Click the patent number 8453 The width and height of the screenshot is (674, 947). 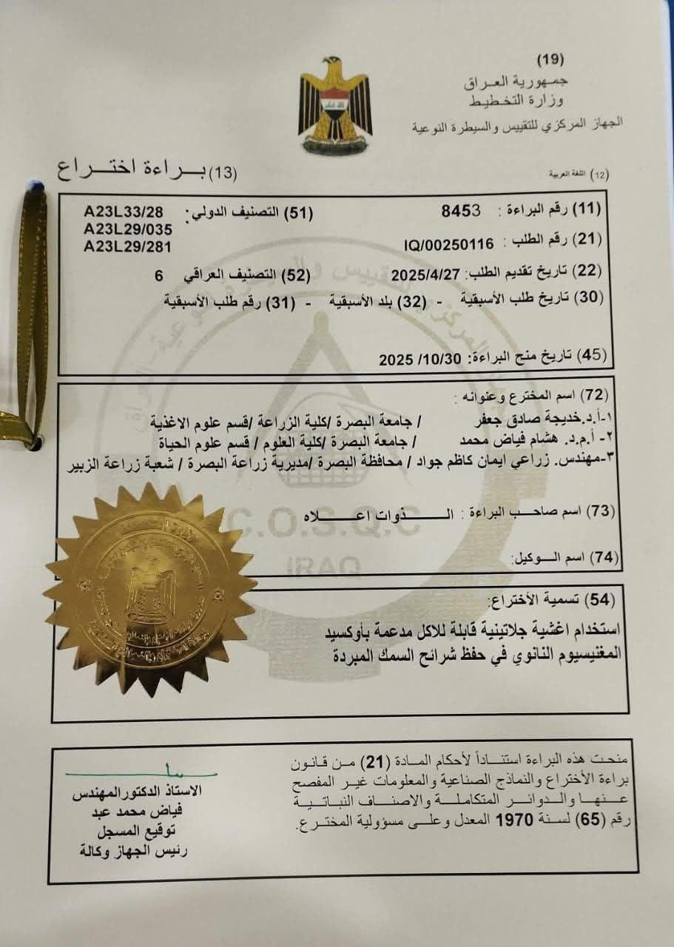461,209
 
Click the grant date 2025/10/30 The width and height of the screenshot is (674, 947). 419,360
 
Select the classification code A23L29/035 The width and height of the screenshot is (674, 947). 128,229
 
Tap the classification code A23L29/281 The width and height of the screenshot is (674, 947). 128,246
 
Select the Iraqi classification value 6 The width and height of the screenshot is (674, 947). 157,274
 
